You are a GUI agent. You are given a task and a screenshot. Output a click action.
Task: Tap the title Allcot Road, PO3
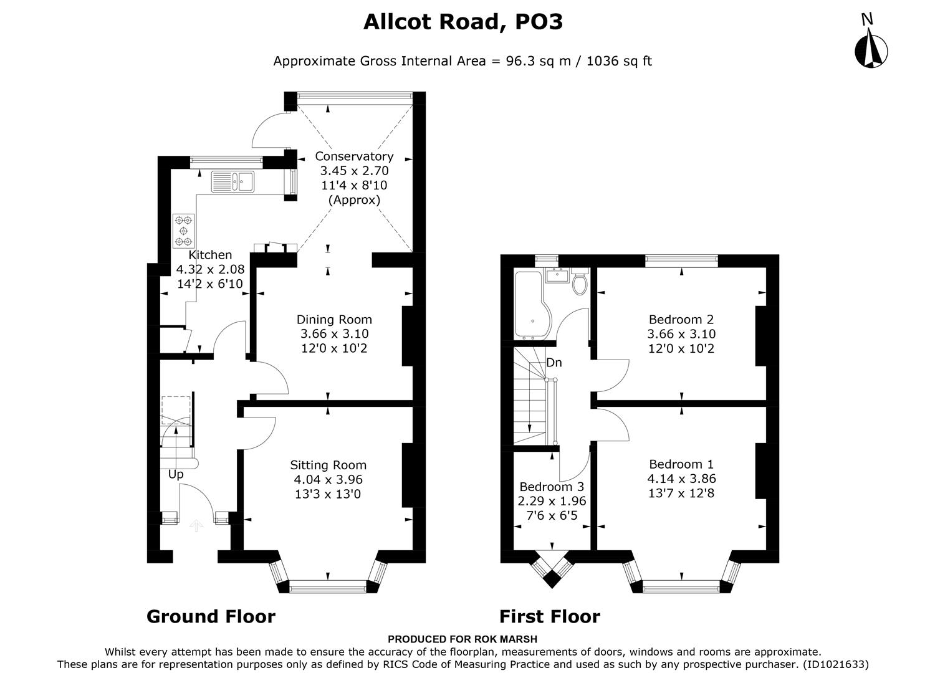click(x=462, y=22)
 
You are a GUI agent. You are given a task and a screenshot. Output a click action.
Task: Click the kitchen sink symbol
click(x=232, y=181)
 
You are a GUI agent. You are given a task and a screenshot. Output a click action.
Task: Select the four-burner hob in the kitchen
click(x=184, y=231)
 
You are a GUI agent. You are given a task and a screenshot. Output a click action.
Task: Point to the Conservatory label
click(x=353, y=156)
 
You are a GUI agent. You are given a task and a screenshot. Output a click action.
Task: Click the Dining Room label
click(x=333, y=320)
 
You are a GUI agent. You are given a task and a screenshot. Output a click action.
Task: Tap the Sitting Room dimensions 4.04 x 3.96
click(x=328, y=480)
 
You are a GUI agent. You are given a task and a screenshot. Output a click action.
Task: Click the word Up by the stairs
click(x=176, y=474)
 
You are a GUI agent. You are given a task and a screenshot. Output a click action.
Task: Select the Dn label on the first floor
click(x=554, y=363)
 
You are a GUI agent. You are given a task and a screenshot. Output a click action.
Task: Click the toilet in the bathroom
click(x=580, y=283)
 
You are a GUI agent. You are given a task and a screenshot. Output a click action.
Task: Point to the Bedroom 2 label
click(x=681, y=320)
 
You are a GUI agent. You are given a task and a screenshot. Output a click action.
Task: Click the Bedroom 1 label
click(x=681, y=464)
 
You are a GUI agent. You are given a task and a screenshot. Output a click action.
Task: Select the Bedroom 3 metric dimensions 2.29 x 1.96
click(x=552, y=501)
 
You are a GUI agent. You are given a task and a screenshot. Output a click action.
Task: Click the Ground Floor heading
click(x=211, y=617)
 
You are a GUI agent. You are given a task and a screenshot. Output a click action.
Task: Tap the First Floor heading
click(x=549, y=617)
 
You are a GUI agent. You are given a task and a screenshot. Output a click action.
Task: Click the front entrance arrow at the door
click(x=196, y=527)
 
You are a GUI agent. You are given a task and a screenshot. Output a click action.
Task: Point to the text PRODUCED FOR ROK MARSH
click(x=462, y=639)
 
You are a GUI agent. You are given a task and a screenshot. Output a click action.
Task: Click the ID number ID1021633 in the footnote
click(x=835, y=664)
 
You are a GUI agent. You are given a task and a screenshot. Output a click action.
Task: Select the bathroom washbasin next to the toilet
click(x=557, y=275)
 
